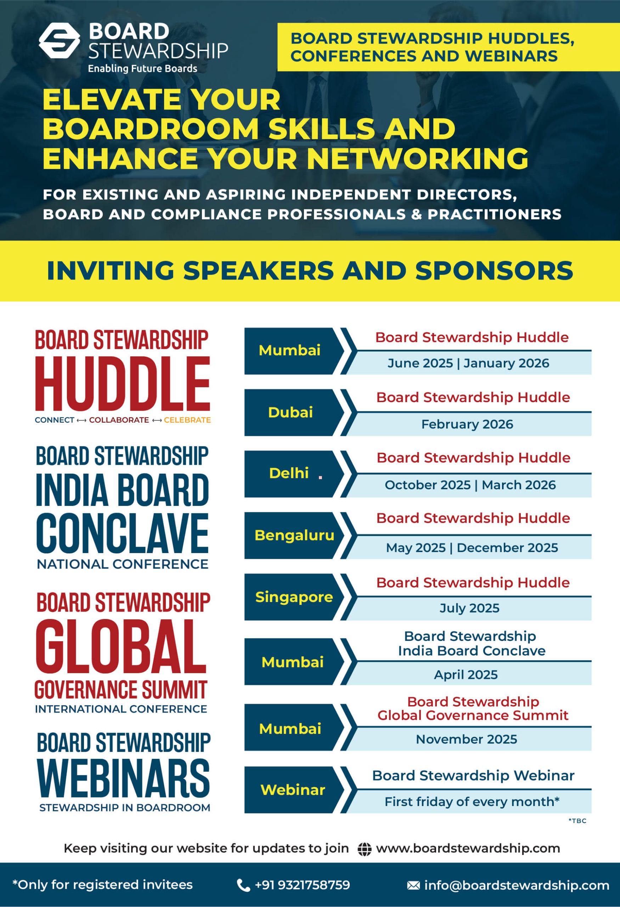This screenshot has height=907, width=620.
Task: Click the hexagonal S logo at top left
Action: click(x=59, y=41)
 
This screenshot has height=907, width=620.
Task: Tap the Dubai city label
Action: click(x=290, y=412)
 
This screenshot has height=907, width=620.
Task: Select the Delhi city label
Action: click(x=289, y=473)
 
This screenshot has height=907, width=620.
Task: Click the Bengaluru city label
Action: click(x=294, y=535)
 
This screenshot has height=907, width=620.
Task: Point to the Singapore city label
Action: click(x=294, y=597)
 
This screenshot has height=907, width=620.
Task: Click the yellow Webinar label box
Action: click(x=293, y=790)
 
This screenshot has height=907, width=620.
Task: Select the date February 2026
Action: click(x=467, y=424)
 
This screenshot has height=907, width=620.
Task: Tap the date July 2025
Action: click(x=469, y=608)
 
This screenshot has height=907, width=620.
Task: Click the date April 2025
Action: click(x=466, y=675)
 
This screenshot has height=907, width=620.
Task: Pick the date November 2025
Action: click(x=466, y=739)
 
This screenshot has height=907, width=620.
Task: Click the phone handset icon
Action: click(x=243, y=885)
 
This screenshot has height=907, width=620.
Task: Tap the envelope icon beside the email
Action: click(x=413, y=885)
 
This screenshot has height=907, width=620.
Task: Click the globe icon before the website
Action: click(x=365, y=849)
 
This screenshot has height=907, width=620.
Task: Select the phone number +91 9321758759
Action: click(x=303, y=885)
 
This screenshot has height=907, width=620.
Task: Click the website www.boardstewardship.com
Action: click(x=468, y=849)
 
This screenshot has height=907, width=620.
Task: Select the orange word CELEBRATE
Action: click(x=187, y=420)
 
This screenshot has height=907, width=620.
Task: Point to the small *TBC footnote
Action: click(x=577, y=821)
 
